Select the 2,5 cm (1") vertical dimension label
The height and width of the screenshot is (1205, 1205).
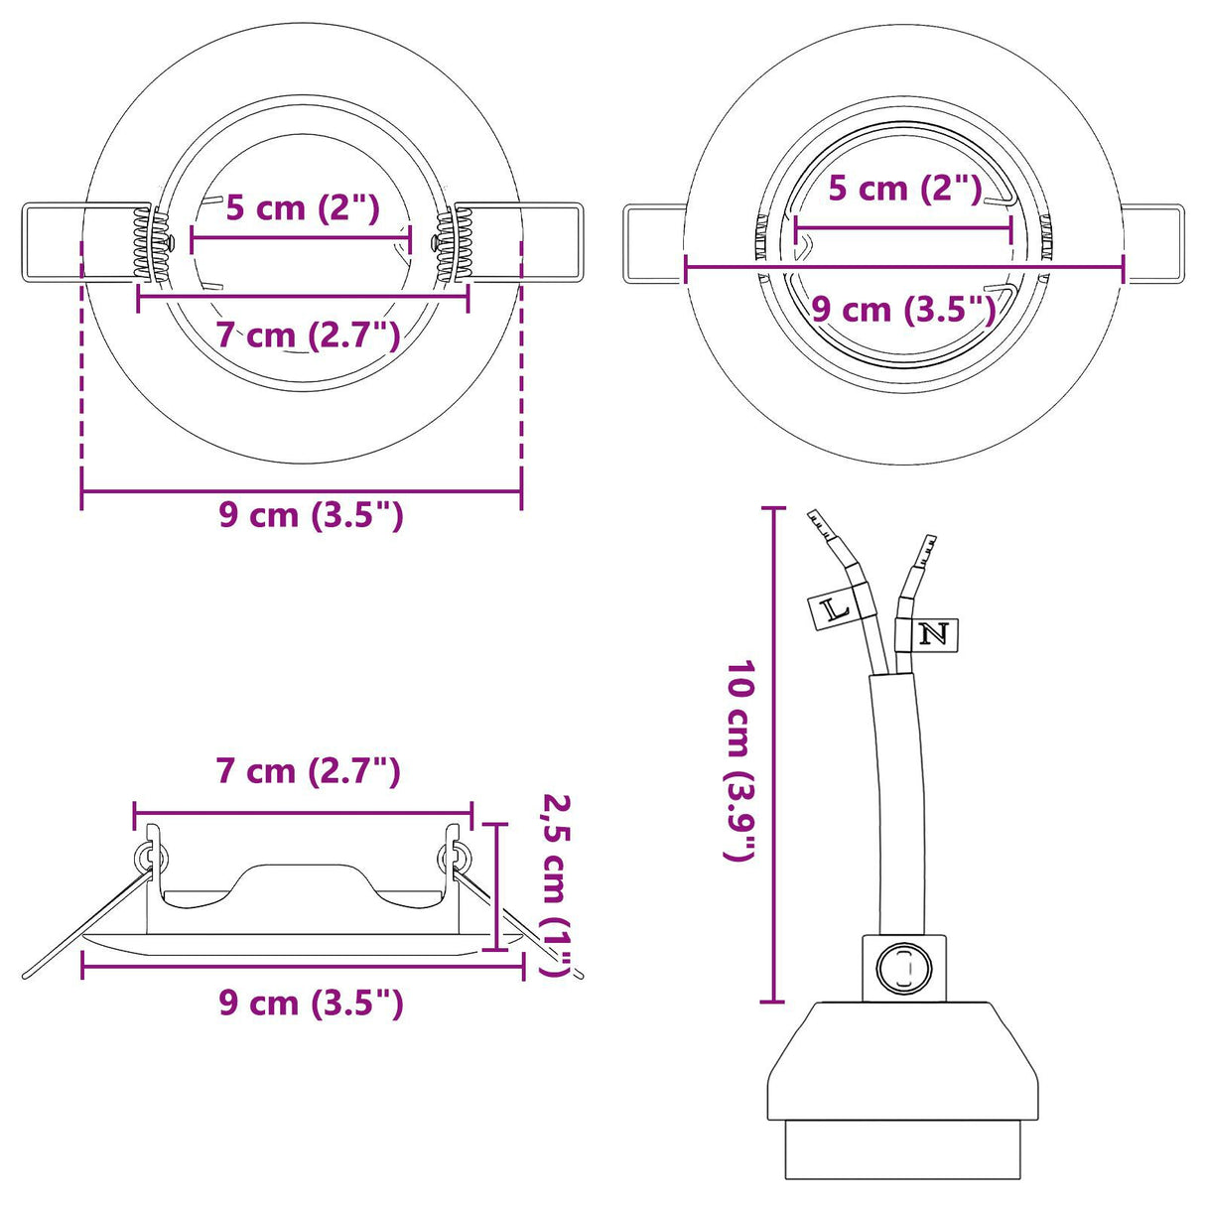click(x=557, y=883)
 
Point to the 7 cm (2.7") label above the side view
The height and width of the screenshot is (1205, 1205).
click(x=309, y=771)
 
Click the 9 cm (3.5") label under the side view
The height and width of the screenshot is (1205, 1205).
click(x=311, y=1004)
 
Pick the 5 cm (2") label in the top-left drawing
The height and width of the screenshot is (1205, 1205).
click(x=303, y=207)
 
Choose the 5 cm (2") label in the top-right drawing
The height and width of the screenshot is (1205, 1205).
click(x=904, y=189)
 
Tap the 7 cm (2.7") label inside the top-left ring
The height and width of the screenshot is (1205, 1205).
click(x=309, y=335)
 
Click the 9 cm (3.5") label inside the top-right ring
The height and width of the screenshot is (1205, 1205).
click(x=903, y=310)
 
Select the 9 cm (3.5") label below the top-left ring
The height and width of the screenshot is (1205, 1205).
click(x=311, y=515)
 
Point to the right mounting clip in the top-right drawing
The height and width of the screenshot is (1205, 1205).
click(x=1151, y=243)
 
